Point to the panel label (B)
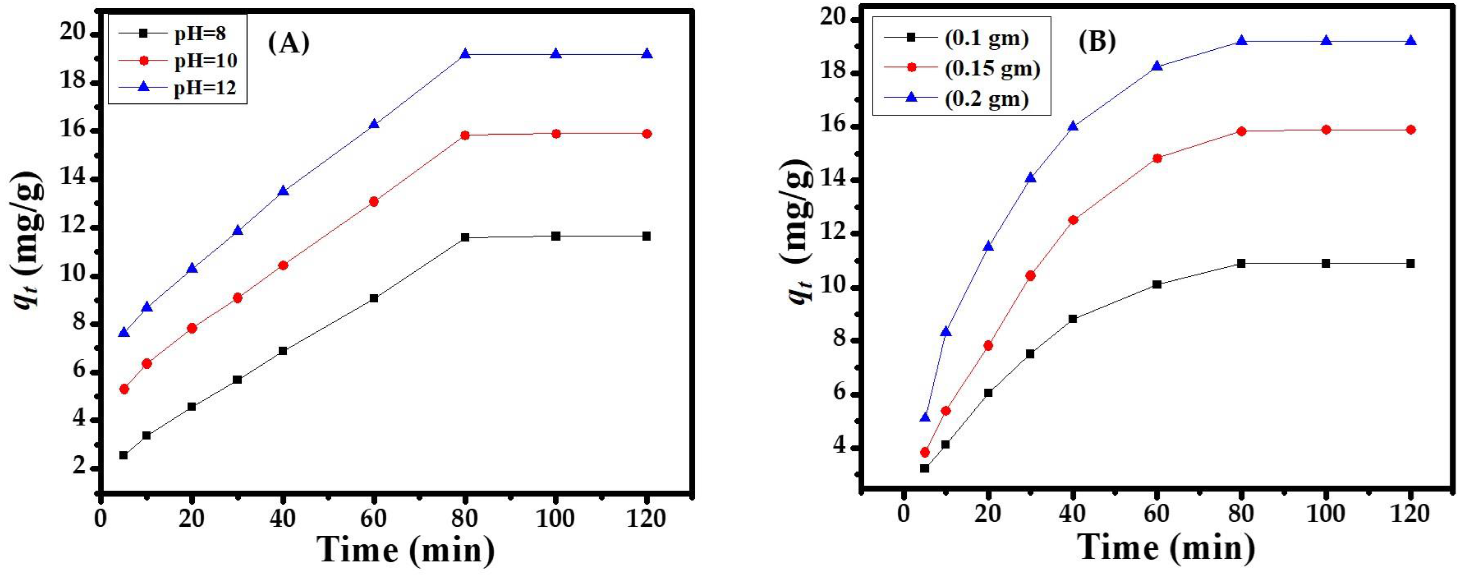click(1097, 41)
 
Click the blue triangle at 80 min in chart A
click(465, 54)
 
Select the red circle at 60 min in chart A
click(374, 201)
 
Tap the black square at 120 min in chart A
click(647, 236)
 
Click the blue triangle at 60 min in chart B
click(1157, 66)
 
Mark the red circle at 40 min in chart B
click(1073, 220)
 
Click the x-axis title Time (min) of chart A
click(406, 550)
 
